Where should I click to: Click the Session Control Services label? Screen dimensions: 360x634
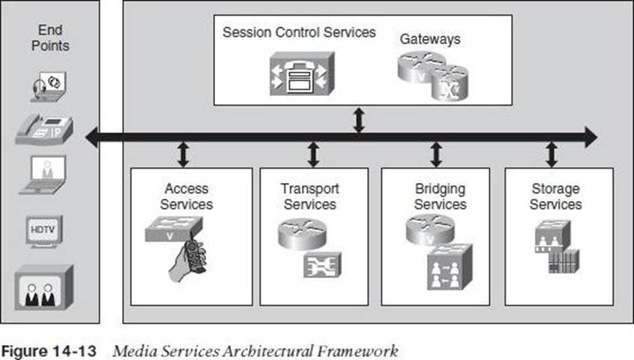point(299,33)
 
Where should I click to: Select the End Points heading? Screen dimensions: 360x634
point(50,37)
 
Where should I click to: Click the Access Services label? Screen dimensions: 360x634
point(187,196)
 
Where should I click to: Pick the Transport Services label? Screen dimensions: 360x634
point(310,196)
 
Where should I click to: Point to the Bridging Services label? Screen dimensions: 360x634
point(440,196)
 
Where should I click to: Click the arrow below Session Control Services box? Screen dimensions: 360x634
point(359,120)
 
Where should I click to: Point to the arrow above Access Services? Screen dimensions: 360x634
point(182,153)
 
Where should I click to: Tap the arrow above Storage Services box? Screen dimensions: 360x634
point(552,153)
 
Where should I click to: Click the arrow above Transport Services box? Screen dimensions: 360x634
point(313,153)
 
